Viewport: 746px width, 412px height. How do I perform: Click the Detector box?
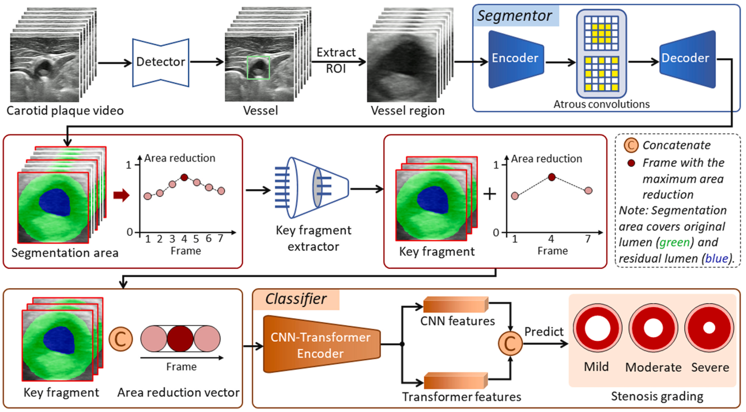160,62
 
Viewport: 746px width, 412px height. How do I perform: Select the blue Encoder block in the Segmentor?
515,59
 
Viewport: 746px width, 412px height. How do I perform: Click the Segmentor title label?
515,16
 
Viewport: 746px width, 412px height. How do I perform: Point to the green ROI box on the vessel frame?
259,68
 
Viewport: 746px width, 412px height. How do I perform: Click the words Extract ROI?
336,60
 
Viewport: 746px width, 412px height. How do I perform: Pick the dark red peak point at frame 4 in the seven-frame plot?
184,177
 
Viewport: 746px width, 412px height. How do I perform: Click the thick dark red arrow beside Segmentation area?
121,195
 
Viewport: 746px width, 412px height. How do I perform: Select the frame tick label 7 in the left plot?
220,238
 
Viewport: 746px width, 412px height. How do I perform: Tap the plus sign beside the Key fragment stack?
490,194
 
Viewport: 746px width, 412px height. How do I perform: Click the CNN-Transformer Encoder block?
320,345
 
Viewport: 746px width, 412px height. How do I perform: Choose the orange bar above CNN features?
455,305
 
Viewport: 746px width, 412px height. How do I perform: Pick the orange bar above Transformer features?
455,380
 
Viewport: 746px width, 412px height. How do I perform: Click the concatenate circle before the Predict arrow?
510,343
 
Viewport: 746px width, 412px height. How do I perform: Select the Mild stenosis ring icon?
597,328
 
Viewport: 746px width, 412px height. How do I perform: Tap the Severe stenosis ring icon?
709,328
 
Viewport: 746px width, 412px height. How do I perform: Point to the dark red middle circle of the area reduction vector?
180,339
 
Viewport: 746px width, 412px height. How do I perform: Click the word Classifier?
296,299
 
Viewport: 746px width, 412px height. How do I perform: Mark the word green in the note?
674,243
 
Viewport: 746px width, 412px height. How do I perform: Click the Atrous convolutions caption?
602,104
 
